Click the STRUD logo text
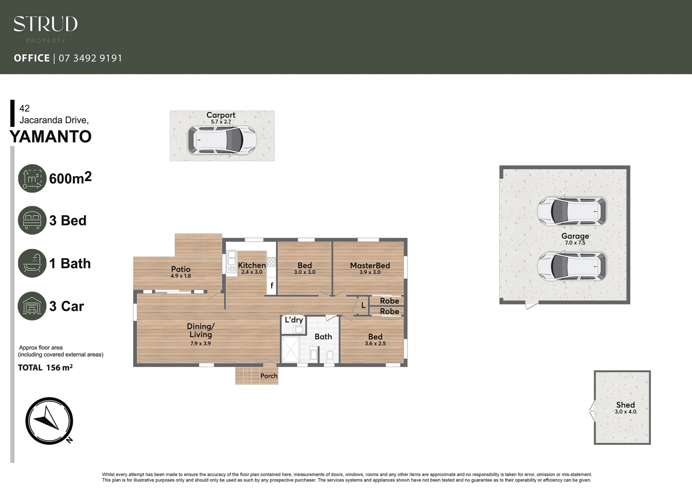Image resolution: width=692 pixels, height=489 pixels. (45, 24)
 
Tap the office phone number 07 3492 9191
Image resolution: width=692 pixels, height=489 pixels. (90, 58)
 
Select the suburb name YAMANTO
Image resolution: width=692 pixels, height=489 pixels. (50, 136)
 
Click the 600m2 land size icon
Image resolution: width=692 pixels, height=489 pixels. (32, 178)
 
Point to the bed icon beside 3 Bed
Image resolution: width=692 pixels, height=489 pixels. (32, 221)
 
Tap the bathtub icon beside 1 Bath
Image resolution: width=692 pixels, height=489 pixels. (32, 263)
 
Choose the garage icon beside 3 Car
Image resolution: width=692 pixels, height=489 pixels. (32, 306)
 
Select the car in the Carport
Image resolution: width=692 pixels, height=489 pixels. (222, 140)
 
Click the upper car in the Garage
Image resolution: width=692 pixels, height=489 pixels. (572, 211)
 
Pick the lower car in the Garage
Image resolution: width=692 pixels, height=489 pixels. (572, 266)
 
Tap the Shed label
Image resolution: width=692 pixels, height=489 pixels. (625, 405)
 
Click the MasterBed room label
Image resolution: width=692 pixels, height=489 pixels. (370, 266)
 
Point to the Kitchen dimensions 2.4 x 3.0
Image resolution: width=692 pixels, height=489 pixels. (252, 272)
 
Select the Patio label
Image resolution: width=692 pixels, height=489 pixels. (181, 269)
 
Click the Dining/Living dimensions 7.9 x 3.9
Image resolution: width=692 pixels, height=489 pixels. (200, 343)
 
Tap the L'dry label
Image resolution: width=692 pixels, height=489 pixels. (293, 320)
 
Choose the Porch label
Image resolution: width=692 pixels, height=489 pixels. (269, 376)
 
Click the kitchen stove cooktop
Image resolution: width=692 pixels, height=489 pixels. (271, 261)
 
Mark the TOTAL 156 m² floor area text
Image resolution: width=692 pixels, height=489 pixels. (45, 368)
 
